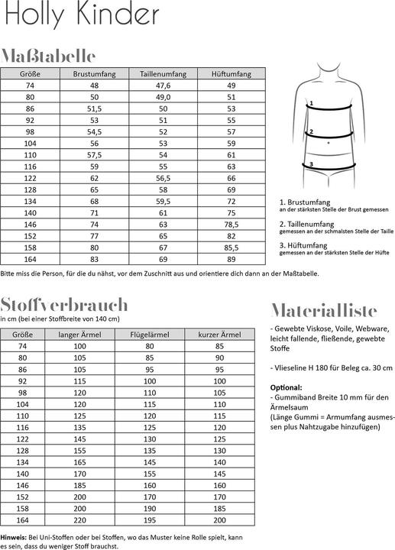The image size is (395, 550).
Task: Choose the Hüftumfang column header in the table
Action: click(x=231, y=74)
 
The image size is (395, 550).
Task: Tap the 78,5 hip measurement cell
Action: click(x=231, y=224)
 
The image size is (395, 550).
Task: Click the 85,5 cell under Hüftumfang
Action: click(x=231, y=247)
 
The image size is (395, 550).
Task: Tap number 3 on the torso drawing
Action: click(x=311, y=163)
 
